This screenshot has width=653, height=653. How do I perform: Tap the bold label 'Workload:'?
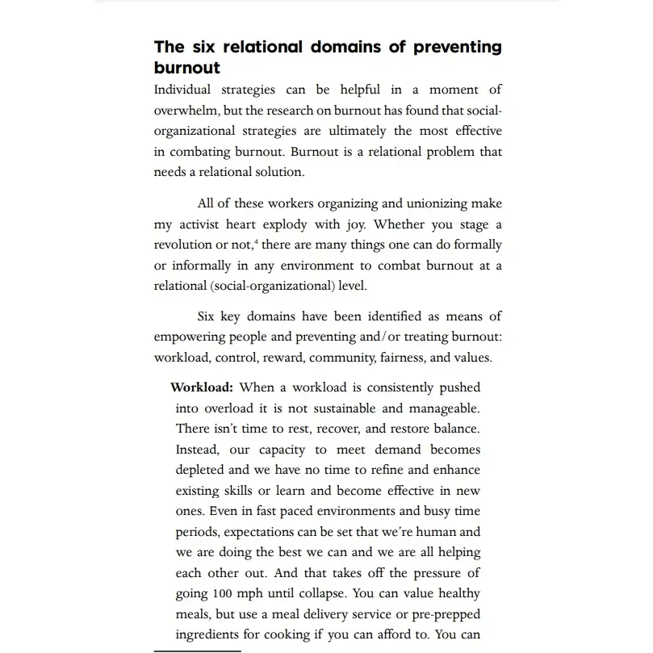[x=201, y=388]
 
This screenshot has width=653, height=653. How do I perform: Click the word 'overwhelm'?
[x=185, y=111]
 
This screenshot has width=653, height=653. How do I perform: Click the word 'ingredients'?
[x=212, y=635]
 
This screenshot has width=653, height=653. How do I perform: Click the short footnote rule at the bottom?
[x=198, y=651]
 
